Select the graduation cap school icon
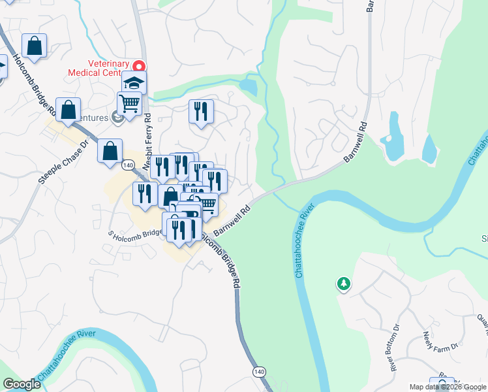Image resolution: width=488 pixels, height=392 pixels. point(134,83)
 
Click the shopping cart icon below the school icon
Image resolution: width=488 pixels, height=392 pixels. point(129,103)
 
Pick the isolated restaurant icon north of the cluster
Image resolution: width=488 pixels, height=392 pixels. point(201,111)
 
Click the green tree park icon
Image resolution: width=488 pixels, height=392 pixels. point(343,284)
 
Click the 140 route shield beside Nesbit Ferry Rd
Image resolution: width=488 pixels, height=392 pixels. point(129,166)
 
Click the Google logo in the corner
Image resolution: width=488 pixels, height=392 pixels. point(22,384)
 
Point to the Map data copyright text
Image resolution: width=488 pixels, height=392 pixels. point(448,387)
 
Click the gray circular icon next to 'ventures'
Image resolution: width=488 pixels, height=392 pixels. point(118,117)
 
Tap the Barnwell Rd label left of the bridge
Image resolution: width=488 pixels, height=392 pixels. point(232,221)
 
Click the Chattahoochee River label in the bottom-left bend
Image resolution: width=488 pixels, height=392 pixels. point(67,355)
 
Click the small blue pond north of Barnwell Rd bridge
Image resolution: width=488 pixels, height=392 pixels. point(249,86)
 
